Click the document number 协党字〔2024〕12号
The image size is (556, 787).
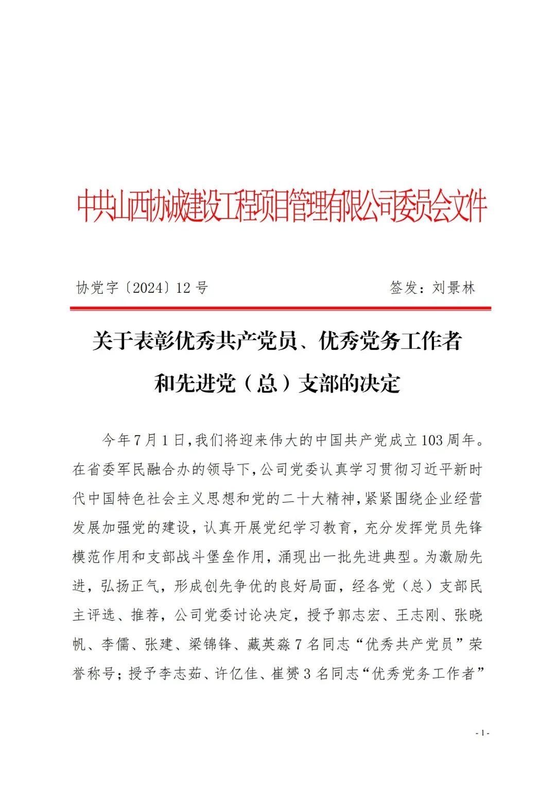pyautogui.click(x=142, y=288)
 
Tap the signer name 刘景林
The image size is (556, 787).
pyautogui.click(x=454, y=288)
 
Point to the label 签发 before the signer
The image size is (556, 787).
pyautogui.click(x=404, y=288)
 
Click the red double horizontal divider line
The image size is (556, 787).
pyautogui.click(x=281, y=308)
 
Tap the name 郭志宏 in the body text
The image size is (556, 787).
pyautogui.click(x=358, y=615)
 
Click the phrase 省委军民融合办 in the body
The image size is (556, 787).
pyautogui.click(x=130, y=470)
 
